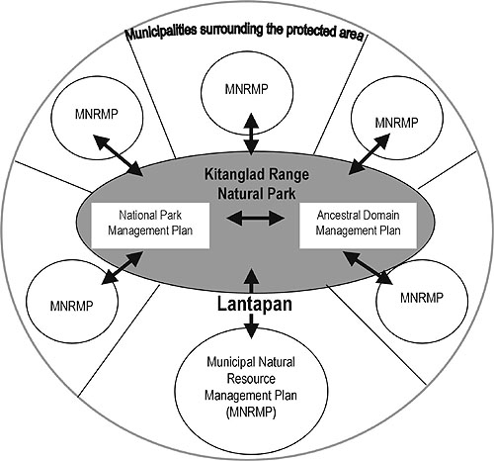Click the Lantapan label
coord(255,304)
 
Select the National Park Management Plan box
coord(150,226)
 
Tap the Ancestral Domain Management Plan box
coord(358,226)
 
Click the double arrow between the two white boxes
coord(256,218)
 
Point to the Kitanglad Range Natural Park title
coord(257,184)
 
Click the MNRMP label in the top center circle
coord(246,89)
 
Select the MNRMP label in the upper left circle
coord(97,114)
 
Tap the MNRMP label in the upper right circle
coord(396,123)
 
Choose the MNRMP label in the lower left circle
coord(71,306)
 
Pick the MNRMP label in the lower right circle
coord(422,298)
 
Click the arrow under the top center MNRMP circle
coord(251,134)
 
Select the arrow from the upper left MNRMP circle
coord(118,154)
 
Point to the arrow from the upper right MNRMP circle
coord(370,153)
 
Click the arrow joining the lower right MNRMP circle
coord(368,267)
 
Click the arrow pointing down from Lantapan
coord(251,325)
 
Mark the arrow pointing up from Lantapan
coord(252,281)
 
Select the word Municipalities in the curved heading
coord(162,32)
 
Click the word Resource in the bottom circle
coord(251,379)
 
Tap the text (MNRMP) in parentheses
coord(251,413)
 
